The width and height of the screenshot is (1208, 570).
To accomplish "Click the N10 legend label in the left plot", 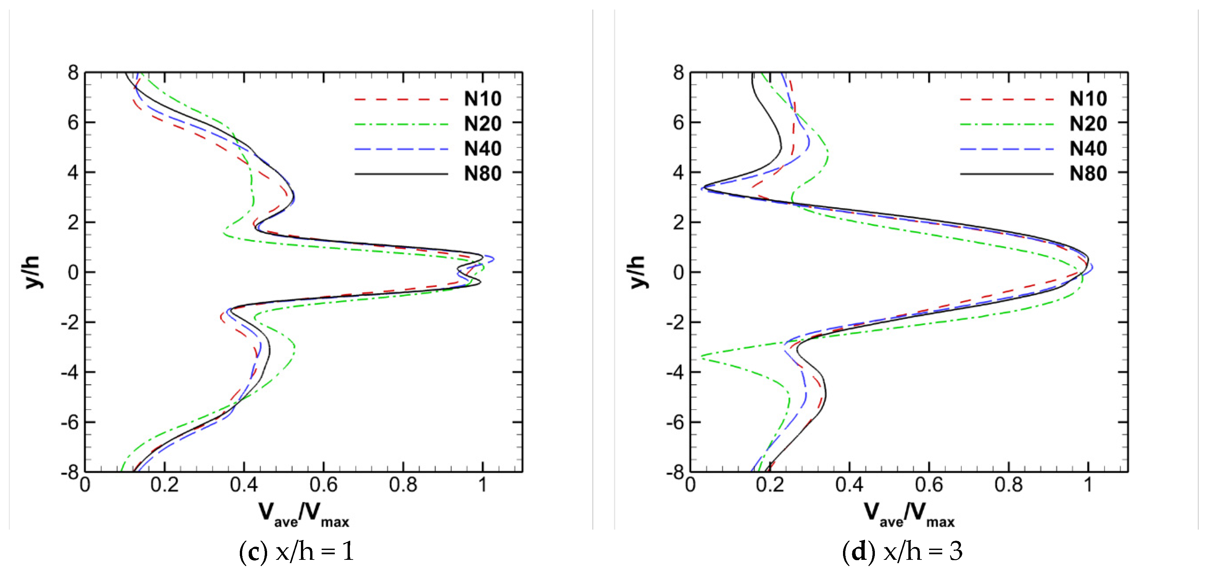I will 483,99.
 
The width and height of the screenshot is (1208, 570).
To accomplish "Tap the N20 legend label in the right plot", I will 1088,124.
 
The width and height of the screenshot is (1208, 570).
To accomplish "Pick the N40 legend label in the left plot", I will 483,149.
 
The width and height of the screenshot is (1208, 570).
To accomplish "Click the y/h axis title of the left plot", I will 32,272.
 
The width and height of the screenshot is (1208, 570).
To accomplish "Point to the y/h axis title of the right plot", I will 637,272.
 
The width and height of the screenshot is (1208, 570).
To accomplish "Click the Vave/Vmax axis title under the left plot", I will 304,514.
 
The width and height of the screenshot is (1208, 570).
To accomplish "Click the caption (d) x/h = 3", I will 902,551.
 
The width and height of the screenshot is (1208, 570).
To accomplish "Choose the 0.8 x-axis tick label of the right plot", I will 1008,485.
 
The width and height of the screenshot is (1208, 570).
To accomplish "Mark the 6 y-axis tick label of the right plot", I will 678,123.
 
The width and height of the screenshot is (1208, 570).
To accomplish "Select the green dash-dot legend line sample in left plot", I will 401,124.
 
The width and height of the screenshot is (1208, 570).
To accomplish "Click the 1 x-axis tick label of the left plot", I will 483,485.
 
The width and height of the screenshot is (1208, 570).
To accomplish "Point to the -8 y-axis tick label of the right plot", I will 675,473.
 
